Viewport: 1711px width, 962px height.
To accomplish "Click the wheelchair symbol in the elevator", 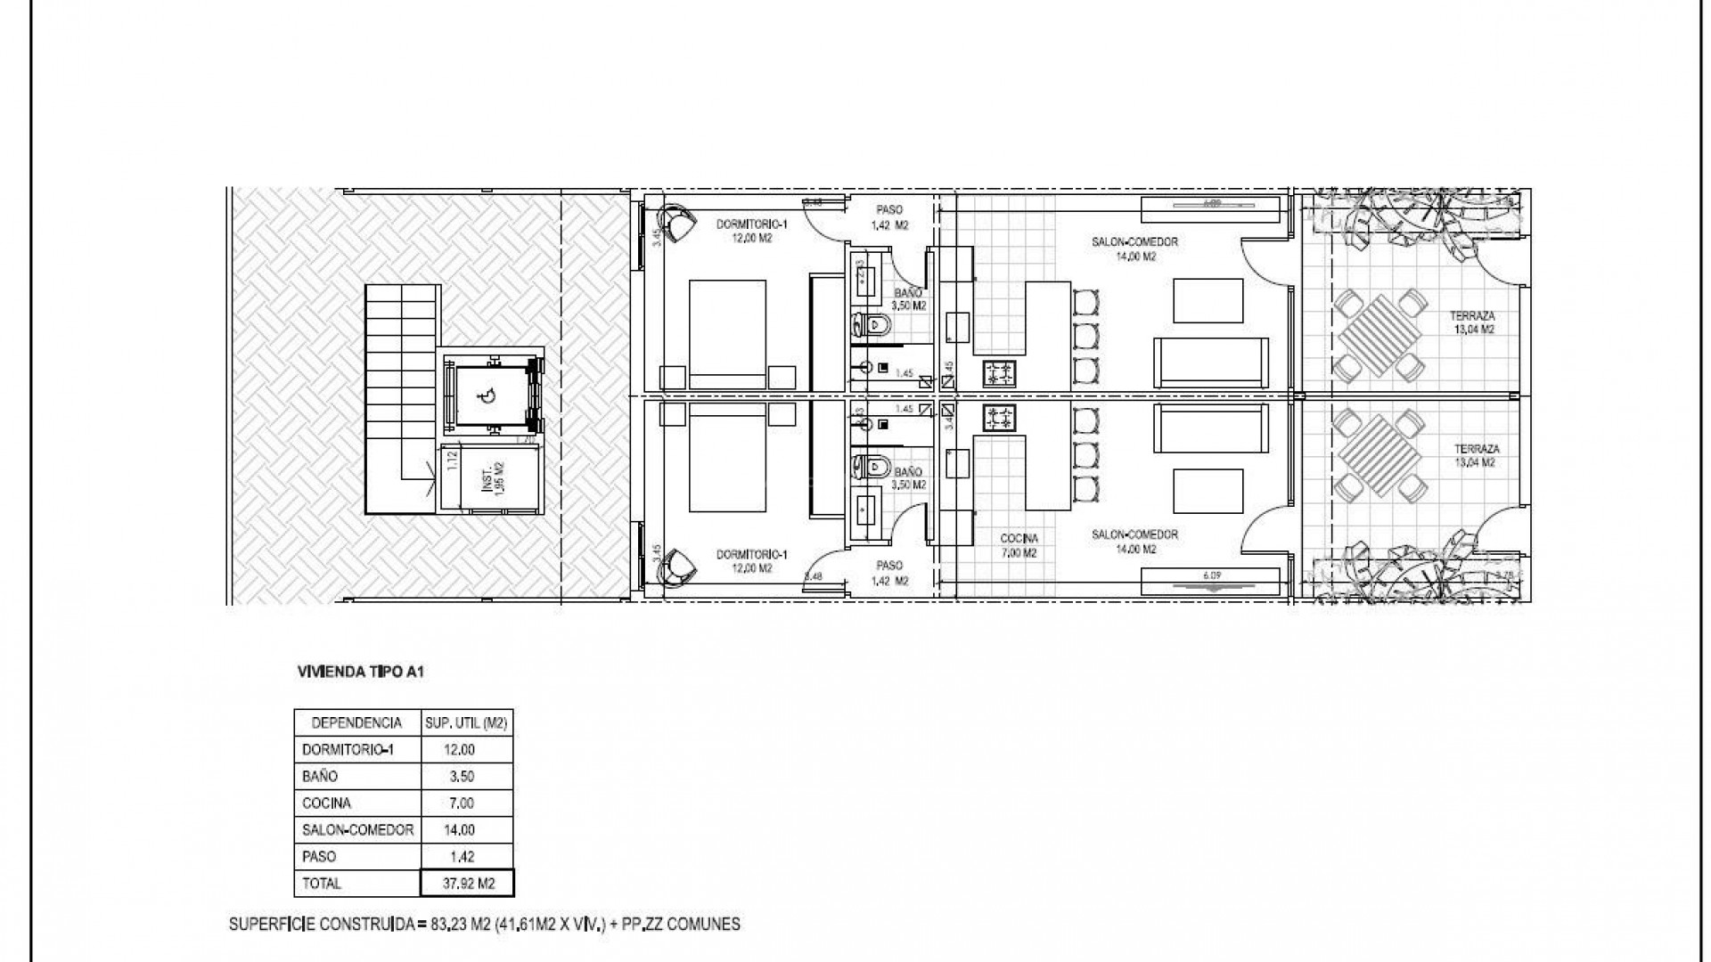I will [487, 397].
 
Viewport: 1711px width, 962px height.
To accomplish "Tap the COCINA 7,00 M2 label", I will [1019, 545].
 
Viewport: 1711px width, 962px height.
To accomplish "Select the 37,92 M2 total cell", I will [468, 884].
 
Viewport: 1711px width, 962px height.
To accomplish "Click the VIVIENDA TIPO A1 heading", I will [360, 673].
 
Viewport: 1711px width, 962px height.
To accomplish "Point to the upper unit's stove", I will [1000, 372].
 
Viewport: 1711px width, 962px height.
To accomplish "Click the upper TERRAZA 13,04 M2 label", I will [1472, 322].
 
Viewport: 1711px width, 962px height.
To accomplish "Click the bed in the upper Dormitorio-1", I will [728, 334].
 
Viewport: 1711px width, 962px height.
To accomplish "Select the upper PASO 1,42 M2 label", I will [889, 217].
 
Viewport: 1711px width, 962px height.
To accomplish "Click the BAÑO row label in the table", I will [320, 777].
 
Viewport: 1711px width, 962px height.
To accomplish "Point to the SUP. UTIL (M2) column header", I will [467, 723].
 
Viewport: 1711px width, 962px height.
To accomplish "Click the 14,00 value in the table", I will [459, 830].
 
